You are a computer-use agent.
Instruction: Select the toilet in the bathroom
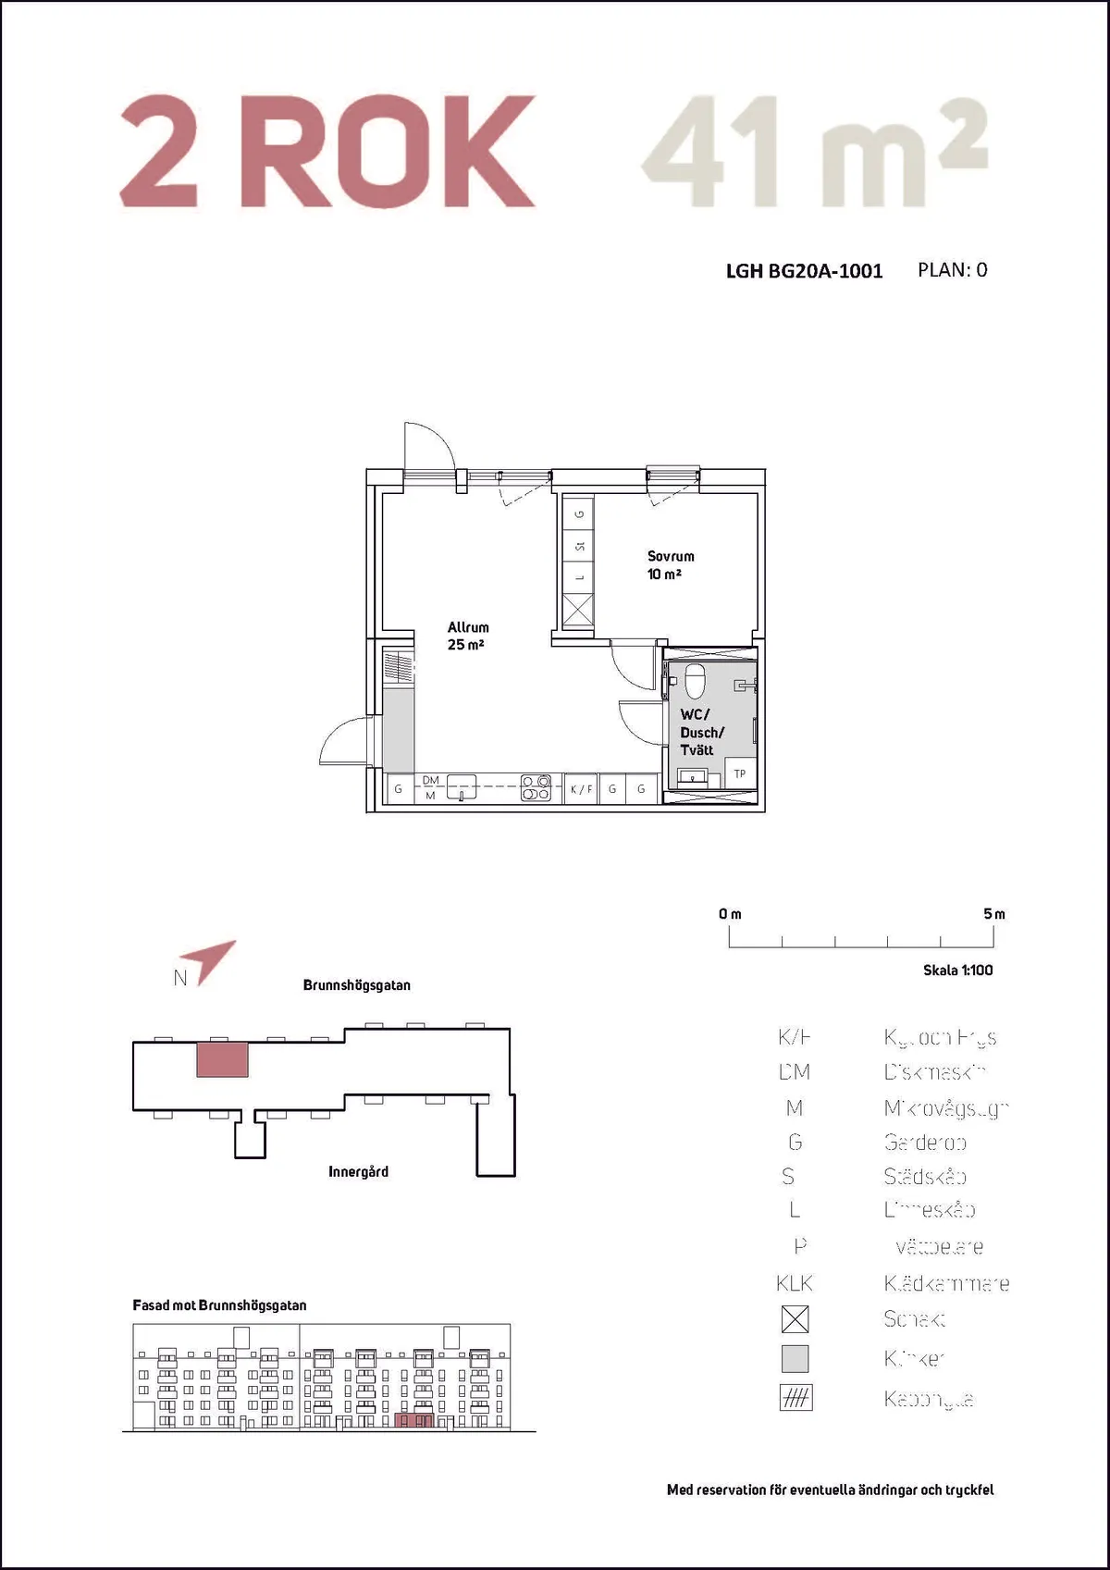[695, 681]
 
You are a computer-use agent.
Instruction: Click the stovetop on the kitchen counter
[536, 787]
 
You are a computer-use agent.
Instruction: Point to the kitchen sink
[462, 787]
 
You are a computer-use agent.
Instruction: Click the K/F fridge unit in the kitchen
[581, 789]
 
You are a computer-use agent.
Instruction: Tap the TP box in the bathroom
[740, 773]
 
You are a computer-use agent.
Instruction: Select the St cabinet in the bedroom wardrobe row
[579, 547]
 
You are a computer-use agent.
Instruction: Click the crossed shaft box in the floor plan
[578, 611]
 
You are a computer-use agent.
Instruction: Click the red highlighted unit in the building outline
[222, 1058]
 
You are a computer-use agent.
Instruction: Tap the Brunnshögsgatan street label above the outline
[356, 985]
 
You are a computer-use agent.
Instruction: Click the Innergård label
[358, 1171]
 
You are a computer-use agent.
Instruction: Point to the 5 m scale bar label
[994, 914]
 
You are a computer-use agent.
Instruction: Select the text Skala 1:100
[957, 970]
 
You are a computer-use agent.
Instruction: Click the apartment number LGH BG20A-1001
[804, 271]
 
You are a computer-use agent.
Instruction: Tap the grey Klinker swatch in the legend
[795, 1358]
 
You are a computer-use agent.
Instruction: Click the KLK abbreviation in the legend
[795, 1283]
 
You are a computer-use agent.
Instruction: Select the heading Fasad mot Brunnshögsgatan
[219, 1305]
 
